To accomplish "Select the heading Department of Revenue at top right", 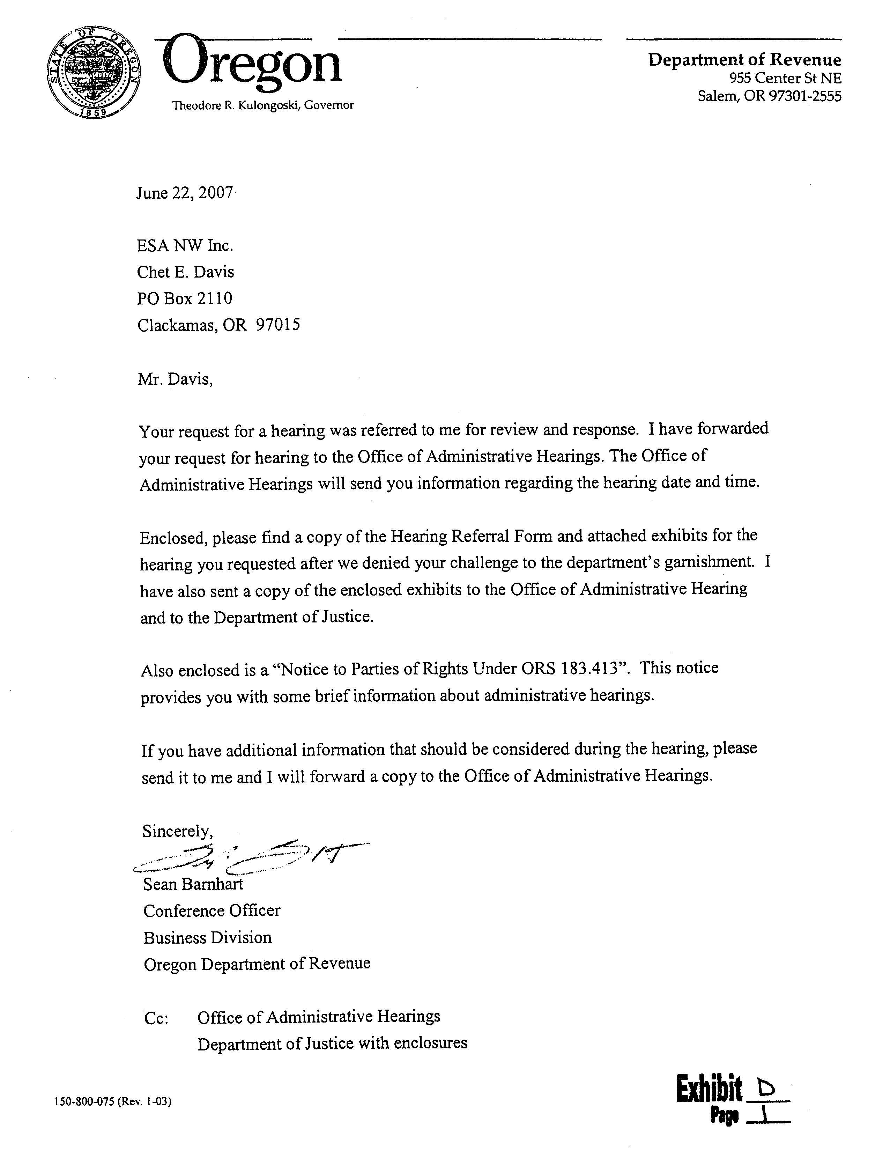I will [744, 60].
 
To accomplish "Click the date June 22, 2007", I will [184, 193].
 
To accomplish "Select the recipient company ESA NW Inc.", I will [185, 245].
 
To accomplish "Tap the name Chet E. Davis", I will [185, 272].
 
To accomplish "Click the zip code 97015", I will [278, 325].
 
